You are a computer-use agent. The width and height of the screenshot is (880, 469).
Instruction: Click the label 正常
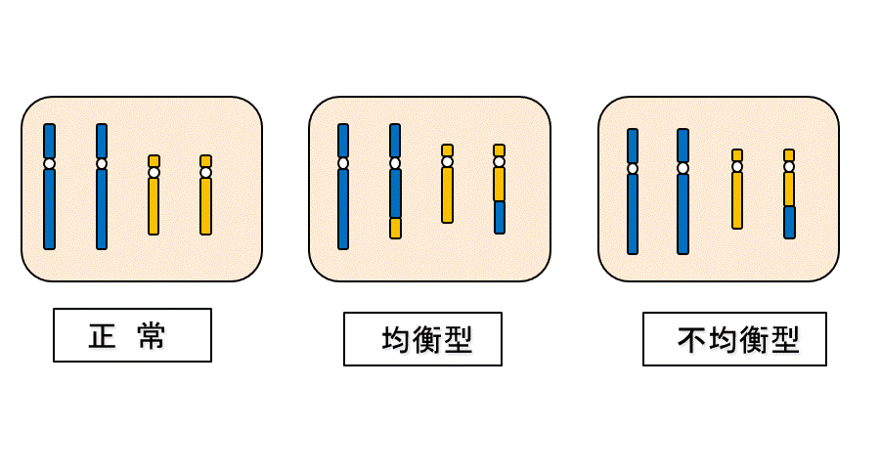132,335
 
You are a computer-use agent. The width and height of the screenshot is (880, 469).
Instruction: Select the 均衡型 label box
422,339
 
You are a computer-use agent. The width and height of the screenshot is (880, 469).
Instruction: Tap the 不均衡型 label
734,339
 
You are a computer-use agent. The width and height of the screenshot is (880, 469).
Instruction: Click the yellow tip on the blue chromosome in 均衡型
395,228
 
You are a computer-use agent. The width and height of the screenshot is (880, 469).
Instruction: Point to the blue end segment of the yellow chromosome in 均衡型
499,217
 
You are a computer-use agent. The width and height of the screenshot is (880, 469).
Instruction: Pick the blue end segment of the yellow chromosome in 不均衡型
789,222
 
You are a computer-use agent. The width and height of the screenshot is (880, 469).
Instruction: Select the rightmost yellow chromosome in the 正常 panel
205,205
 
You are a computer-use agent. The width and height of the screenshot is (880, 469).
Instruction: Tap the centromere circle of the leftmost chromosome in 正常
49,163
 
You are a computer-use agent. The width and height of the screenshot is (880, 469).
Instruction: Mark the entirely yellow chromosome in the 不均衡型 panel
737,200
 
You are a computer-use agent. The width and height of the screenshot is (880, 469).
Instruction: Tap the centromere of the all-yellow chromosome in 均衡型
447,161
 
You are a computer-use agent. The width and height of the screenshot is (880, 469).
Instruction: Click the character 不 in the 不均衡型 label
691,340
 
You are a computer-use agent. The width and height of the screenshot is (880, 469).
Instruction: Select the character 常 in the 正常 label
153,336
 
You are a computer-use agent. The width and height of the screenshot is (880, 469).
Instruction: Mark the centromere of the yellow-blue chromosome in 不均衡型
789,166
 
